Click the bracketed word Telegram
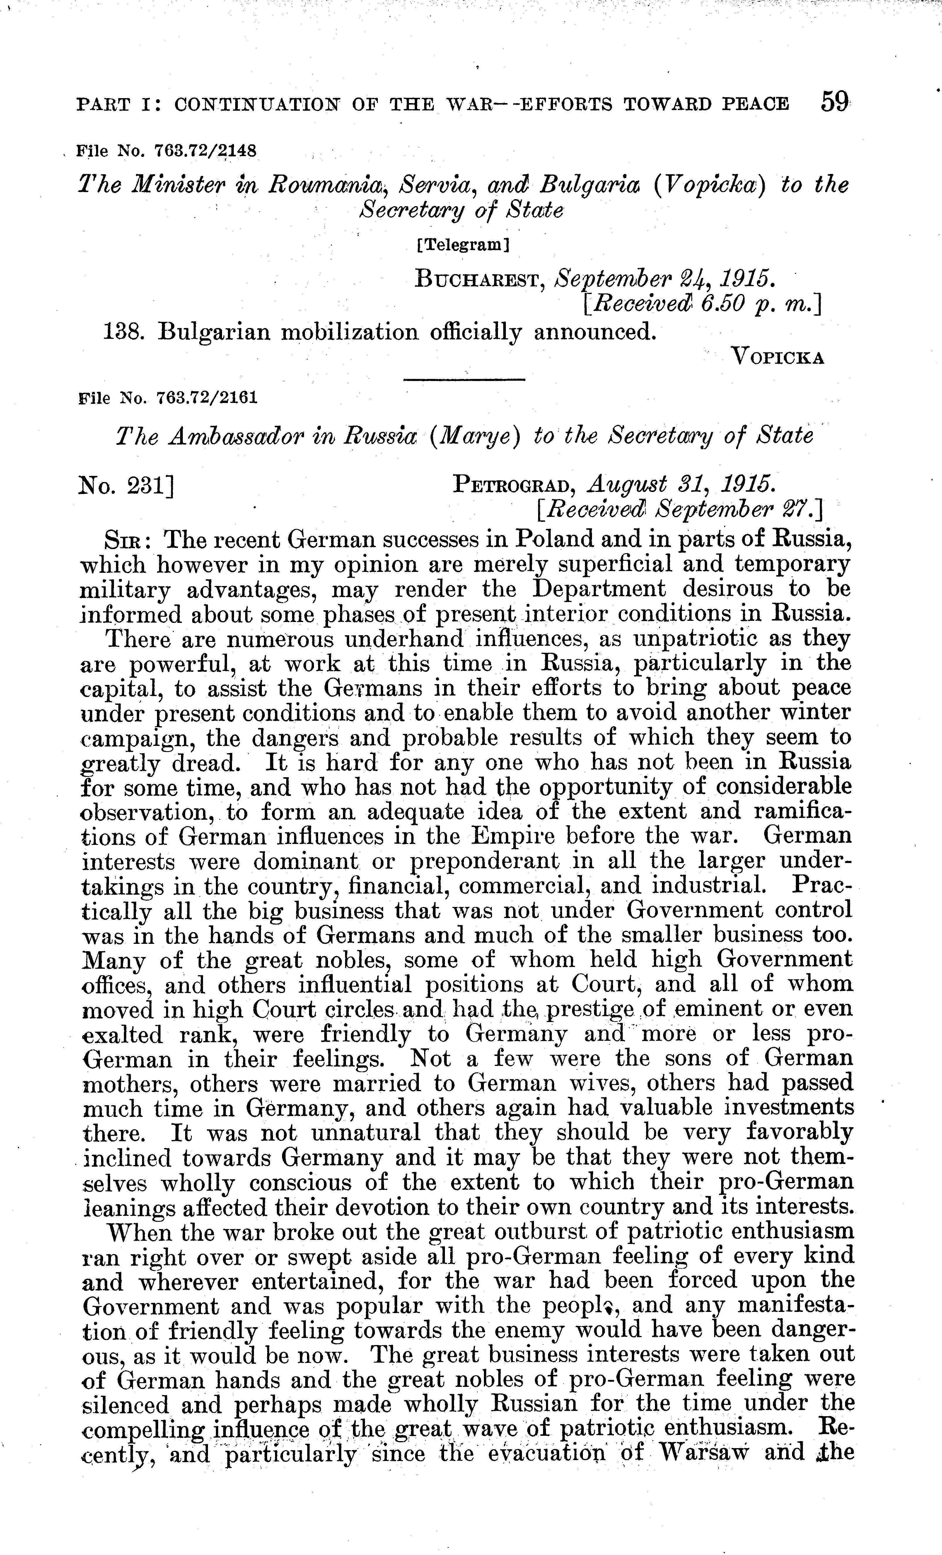tap(463, 245)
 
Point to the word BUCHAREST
tap(480, 278)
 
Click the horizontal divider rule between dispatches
tap(464, 379)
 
